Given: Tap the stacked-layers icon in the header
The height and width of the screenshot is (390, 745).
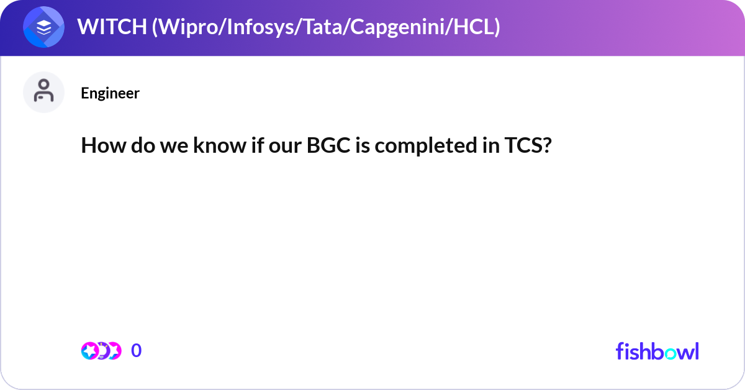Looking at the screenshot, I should coord(43,27).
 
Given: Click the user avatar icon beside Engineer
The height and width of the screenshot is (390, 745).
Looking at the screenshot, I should coord(43,92).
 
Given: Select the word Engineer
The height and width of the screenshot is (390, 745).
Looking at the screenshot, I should coord(110,93).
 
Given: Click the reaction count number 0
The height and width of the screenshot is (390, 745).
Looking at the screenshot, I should coord(137,351).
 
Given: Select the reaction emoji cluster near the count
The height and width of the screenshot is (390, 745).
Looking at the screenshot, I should coord(101,351).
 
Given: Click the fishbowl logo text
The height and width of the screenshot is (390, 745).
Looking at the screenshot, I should coord(657,351).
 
